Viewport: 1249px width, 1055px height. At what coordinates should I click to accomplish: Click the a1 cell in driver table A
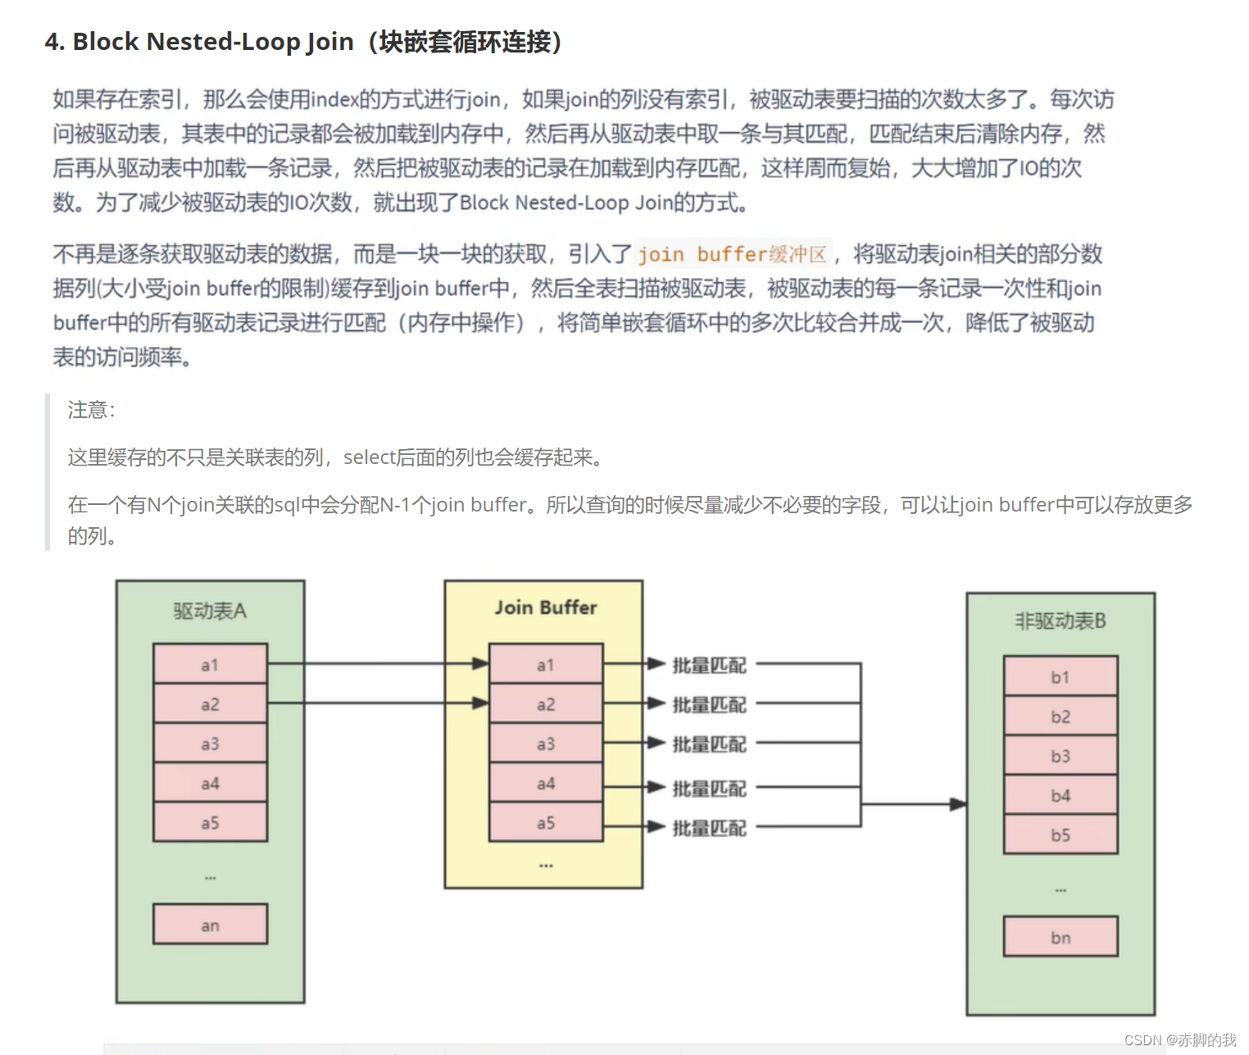tap(210, 665)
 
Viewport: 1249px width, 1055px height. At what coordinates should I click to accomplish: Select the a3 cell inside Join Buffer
tap(546, 744)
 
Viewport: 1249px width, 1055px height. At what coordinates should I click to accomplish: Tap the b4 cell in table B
tap(1061, 795)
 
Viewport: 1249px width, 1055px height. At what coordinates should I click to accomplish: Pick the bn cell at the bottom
tap(1061, 937)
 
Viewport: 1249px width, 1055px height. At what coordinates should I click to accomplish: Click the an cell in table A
tap(210, 925)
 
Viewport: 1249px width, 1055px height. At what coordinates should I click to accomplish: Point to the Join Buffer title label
tap(546, 607)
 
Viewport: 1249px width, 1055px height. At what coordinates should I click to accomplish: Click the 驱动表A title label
tap(210, 611)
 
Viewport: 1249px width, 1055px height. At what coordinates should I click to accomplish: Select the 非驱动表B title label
tap(1061, 621)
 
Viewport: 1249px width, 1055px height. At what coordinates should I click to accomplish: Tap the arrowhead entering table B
tap(957, 804)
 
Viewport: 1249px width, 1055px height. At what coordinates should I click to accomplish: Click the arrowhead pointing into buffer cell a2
tap(480, 703)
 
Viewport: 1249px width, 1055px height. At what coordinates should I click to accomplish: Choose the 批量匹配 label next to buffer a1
tap(709, 665)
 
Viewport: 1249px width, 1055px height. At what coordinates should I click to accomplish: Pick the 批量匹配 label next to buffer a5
tap(709, 828)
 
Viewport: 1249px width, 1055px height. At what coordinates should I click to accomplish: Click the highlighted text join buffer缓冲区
tap(733, 254)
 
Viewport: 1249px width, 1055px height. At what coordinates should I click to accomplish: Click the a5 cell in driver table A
tap(210, 822)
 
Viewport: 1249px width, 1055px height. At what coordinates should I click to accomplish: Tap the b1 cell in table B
tap(1061, 677)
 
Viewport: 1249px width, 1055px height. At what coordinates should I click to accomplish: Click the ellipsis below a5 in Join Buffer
tap(546, 866)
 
